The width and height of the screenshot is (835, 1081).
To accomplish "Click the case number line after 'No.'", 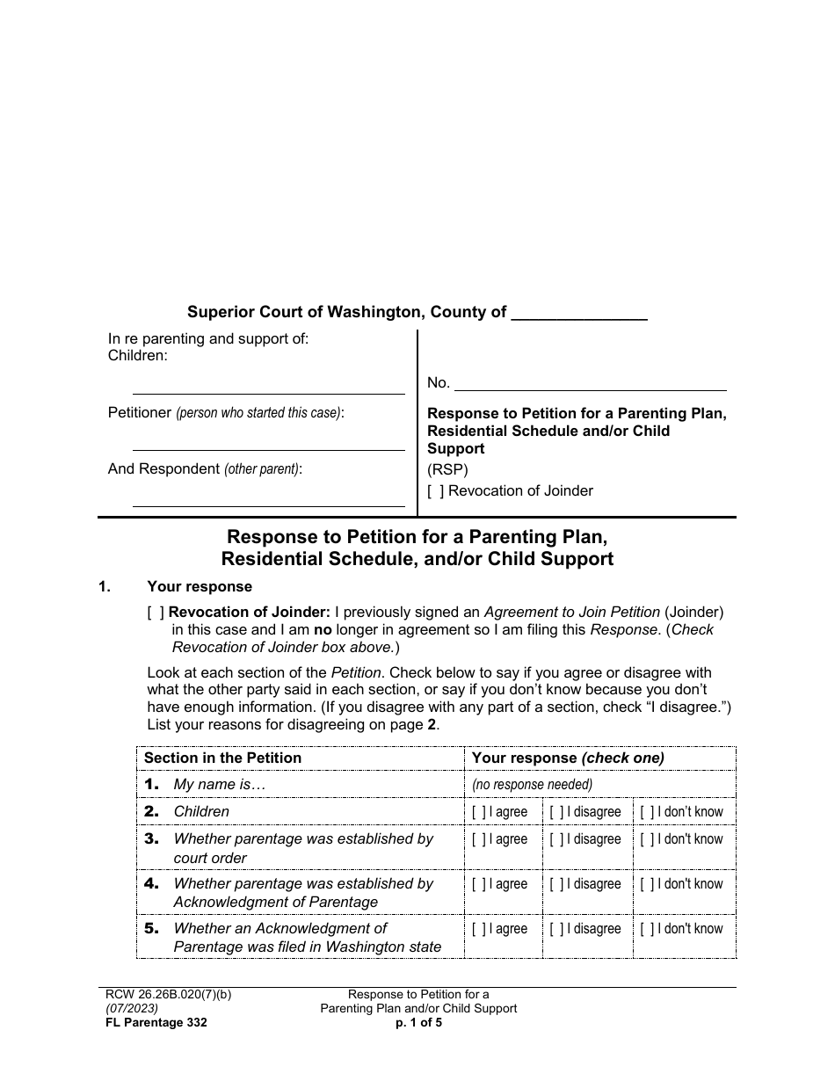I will [x=590, y=384].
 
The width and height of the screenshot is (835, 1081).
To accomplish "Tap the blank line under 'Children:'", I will [x=268, y=388].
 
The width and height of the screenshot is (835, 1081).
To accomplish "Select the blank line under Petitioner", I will [x=268, y=444].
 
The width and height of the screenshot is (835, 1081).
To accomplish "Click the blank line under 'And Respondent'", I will [x=268, y=500].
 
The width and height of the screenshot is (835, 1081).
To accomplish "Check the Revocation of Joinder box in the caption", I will [x=436, y=491].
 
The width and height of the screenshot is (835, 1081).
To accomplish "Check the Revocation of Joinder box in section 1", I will [x=156, y=613].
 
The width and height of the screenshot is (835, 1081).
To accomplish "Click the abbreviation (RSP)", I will [x=447, y=469].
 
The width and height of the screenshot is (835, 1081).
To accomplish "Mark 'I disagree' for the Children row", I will [x=557, y=812].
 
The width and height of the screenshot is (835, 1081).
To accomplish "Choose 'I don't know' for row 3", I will [x=647, y=839].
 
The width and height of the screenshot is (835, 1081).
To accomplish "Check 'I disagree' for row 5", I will [x=557, y=929].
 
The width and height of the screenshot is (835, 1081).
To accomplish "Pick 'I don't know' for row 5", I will [x=647, y=929].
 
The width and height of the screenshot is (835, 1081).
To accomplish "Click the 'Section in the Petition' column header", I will [x=222, y=758].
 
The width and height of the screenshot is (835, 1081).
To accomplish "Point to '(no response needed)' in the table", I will [x=532, y=785].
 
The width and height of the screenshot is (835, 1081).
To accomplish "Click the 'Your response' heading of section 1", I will [x=200, y=586].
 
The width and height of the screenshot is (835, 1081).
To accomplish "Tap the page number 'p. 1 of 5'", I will [x=418, y=1022].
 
